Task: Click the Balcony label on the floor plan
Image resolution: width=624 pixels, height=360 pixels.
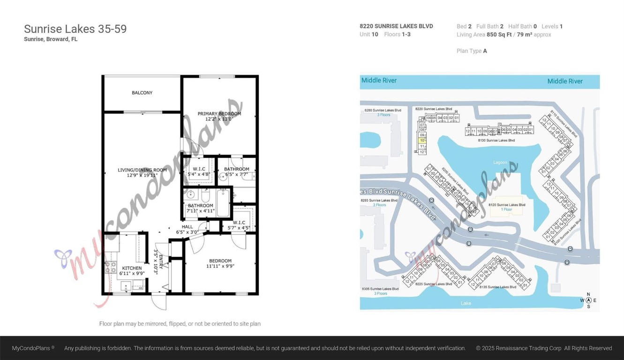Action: point(142,93)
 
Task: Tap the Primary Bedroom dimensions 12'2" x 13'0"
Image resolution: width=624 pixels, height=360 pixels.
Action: point(219,119)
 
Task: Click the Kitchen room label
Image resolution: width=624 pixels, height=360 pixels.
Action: point(132,269)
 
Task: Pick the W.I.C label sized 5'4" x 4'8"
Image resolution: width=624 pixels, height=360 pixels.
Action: point(199,172)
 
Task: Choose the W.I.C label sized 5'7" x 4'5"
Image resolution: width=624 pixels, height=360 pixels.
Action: point(239,225)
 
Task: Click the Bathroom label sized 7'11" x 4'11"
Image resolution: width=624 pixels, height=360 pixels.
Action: point(200,208)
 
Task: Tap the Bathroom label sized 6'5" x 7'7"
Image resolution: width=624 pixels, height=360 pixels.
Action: point(236,172)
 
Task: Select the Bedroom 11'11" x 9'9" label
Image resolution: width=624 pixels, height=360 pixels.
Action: point(220,263)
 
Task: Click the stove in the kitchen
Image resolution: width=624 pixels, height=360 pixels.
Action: point(111,267)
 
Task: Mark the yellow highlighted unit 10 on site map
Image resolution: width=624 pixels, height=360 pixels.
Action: point(422,140)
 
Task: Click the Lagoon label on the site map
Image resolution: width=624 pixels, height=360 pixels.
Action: point(500,163)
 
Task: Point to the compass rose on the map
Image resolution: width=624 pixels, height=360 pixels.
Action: point(588,300)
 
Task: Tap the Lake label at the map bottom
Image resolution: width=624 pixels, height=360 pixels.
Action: point(466,303)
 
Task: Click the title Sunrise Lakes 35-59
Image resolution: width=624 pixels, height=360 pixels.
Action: point(75,29)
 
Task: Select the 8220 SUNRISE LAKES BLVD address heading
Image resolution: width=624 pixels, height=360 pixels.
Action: point(396,26)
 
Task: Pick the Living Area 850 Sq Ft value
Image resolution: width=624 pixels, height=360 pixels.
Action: point(504,35)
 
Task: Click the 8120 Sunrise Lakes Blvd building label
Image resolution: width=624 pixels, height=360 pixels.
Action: point(507,205)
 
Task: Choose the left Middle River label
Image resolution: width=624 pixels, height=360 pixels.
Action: point(379,81)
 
